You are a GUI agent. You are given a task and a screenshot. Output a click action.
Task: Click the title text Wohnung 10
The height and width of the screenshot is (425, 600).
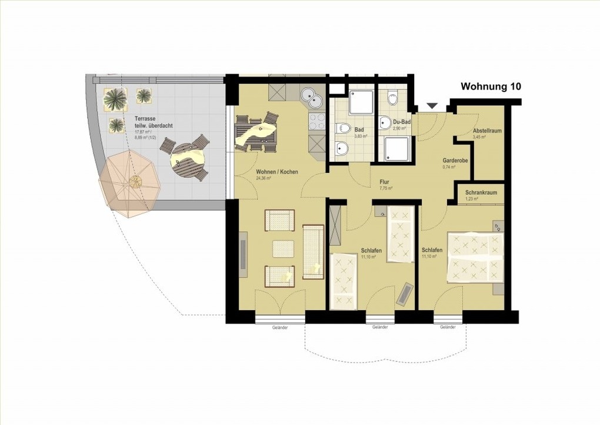[x=491, y=87]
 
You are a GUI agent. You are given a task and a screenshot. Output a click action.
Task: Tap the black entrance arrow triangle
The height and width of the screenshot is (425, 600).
[x=432, y=106]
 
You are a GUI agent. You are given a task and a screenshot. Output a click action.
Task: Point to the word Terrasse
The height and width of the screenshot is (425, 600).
[x=145, y=118]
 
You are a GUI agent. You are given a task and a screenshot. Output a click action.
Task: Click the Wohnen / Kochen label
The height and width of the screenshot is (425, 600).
[x=276, y=172]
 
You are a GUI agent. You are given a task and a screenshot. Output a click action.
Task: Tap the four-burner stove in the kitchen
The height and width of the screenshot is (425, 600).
[x=317, y=121]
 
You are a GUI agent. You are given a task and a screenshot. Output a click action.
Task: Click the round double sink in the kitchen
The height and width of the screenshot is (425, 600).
[x=312, y=98]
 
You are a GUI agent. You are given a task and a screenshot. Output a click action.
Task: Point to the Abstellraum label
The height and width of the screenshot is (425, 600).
[x=487, y=131]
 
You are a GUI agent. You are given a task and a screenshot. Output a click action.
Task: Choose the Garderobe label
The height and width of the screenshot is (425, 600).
[x=455, y=160]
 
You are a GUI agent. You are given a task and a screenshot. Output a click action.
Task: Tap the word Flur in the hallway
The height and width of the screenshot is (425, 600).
[x=385, y=182]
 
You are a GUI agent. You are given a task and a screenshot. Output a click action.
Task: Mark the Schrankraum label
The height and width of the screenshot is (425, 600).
[x=481, y=192]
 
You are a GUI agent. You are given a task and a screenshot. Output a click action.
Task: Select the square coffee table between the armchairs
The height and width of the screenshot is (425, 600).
[x=283, y=249]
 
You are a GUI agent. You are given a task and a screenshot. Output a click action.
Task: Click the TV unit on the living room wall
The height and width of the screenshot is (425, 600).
[x=244, y=253]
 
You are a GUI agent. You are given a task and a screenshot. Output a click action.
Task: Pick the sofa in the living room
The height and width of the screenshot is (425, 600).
[x=312, y=251]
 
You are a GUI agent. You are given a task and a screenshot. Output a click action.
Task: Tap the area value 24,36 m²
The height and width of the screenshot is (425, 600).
[x=263, y=178]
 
